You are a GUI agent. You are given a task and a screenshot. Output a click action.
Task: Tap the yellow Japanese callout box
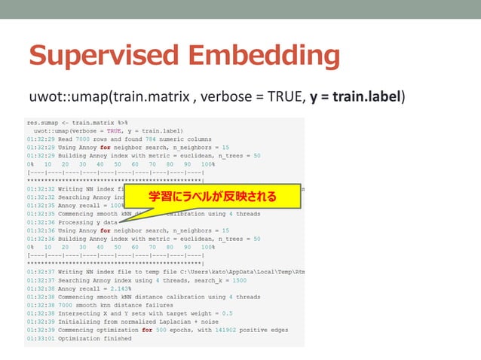[210, 198]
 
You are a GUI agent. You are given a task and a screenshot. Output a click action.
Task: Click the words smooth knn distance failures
[108, 305]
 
